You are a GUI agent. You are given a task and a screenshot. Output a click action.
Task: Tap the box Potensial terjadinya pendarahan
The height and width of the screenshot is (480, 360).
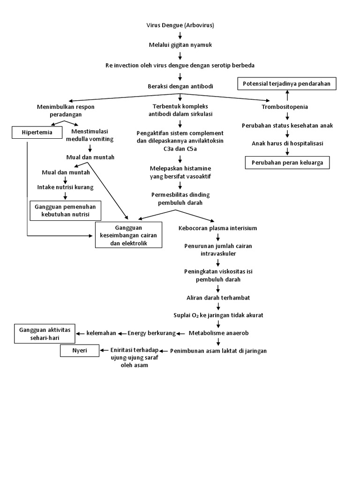[x=286, y=84]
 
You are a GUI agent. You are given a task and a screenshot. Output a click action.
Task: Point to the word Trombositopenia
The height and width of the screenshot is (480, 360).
[x=285, y=107]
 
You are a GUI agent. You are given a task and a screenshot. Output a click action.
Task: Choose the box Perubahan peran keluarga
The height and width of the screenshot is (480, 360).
[x=287, y=163]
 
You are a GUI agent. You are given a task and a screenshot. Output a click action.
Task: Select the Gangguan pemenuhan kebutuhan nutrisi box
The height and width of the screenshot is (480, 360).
[x=65, y=210]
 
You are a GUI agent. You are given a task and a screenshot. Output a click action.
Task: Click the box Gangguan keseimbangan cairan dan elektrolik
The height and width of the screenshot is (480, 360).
[x=128, y=235]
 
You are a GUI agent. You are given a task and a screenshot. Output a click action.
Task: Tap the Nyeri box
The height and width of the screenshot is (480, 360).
[x=79, y=351]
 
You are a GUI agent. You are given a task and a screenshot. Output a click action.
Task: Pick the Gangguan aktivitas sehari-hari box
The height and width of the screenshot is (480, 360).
[x=44, y=333]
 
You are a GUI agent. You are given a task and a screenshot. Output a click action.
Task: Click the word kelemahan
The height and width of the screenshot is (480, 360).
[x=101, y=333]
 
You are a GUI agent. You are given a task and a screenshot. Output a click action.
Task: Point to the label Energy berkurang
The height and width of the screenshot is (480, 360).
[x=151, y=333]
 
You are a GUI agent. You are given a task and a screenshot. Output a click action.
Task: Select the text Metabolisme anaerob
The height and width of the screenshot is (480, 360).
[x=218, y=333]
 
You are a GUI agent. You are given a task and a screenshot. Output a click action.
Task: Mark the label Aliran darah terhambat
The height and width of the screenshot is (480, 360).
[x=218, y=298]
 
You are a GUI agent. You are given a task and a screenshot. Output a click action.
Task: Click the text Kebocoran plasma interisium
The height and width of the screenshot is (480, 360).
[x=218, y=228]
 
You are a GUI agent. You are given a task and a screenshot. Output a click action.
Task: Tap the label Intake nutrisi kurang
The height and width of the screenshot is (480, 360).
[x=66, y=187]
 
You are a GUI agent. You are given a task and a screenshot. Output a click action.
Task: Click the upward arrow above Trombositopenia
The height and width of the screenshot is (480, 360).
[x=286, y=97]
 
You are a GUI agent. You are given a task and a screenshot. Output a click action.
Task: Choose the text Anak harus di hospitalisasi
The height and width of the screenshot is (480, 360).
[x=287, y=143]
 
